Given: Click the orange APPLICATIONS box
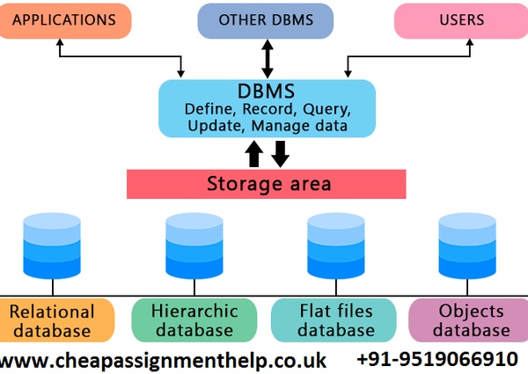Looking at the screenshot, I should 66,19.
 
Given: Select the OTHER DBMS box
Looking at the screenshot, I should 264,19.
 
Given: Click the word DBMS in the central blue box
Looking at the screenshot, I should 267,92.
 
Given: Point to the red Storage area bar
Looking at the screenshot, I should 267,184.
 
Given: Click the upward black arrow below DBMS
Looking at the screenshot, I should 254,154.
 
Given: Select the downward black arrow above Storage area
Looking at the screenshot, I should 280,154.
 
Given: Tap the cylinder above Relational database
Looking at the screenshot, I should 52,246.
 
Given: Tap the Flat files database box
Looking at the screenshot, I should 334,320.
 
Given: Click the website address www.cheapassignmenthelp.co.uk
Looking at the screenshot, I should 164,361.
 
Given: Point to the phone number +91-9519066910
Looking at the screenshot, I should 436,360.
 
